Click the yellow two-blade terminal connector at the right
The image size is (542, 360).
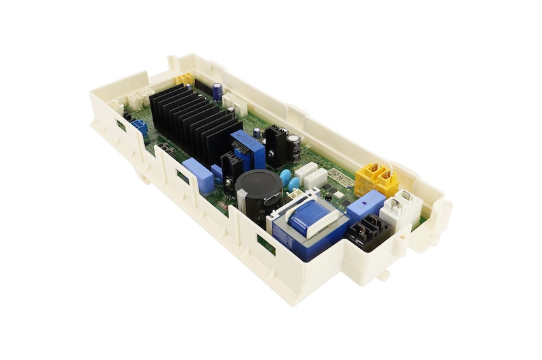(x=377, y=178)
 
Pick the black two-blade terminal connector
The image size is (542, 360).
(x=367, y=233)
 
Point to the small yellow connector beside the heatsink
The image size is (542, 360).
(x=184, y=79)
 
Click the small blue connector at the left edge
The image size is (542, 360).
(x=140, y=127)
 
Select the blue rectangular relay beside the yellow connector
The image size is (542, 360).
(x=365, y=204)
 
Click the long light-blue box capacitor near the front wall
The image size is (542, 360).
(x=199, y=176)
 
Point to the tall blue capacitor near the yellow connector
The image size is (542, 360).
(x=217, y=92)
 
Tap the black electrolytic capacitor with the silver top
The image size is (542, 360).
(x=293, y=146)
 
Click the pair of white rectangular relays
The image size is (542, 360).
(x=310, y=175)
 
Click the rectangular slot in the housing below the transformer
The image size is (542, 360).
(x=266, y=244)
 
